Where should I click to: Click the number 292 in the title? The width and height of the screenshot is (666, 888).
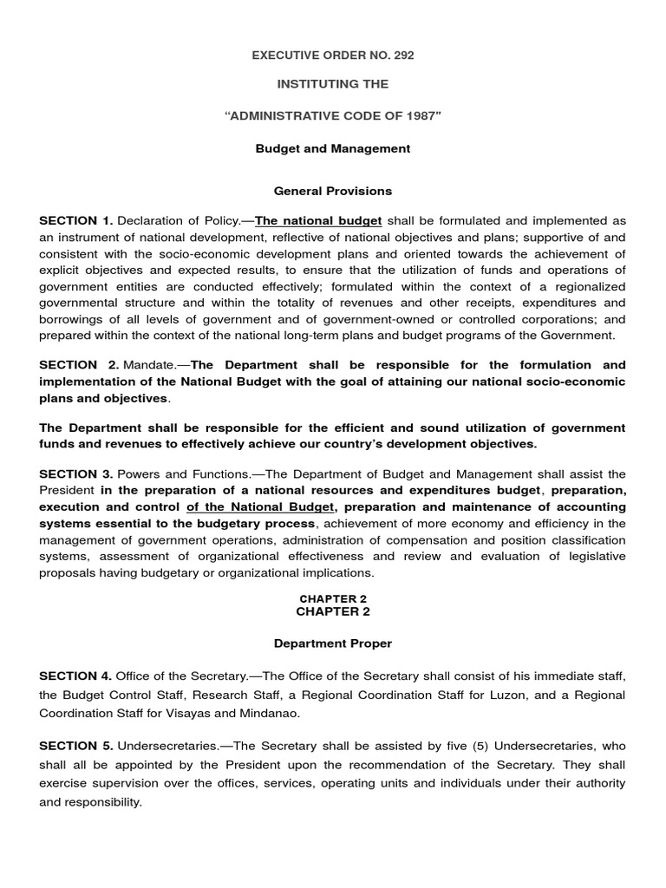pos(402,55)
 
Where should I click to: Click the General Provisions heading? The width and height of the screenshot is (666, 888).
pos(333,191)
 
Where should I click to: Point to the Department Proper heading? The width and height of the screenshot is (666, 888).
pos(333,643)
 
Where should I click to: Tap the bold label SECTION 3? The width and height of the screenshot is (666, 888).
pos(76,474)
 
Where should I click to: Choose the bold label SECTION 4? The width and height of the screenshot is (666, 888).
pos(76,676)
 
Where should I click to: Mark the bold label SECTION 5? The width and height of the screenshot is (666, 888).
pos(76,746)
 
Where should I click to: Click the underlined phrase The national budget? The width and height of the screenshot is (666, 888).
pos(318,221)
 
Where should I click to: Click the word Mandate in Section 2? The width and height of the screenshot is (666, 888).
pos(150,365)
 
